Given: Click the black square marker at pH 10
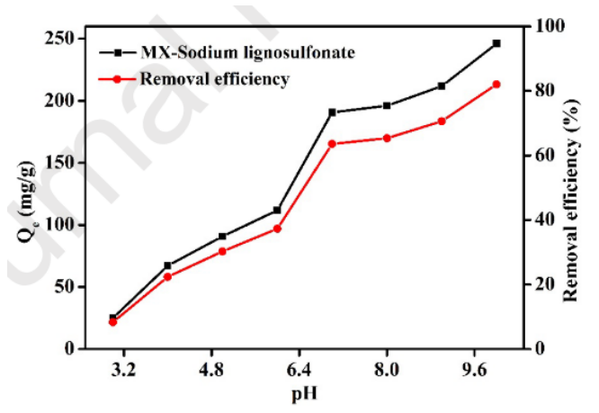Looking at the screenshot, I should pyautogui.click(x=496, y=43).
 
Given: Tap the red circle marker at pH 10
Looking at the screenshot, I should pyautogui.click(x=496, y=85).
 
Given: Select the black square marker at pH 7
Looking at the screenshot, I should pyautogui.click(x=332, y=112).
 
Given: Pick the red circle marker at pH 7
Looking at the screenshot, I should pyautogui.click(x=332, y=144).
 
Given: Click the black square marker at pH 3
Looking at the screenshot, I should pyautogui.click(x=113, y=318).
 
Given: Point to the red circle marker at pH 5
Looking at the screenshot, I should pyautogui.click(x=222, y=251).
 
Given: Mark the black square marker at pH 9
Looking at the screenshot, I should pyautogui.click(x=441, y=86).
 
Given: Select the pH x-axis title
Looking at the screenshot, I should pyautogui.click(x=303, y=394).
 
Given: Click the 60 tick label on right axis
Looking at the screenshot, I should pyautogui.click(x=536, y=155).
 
